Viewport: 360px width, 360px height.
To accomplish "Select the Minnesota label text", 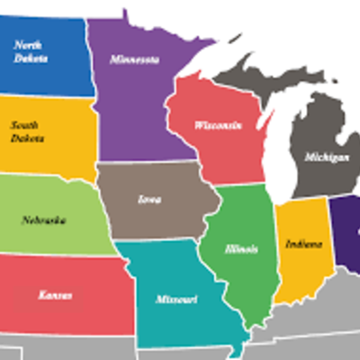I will point(135,60).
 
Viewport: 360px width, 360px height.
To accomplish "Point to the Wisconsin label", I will point(218,125).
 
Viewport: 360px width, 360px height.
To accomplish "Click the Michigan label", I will point(326,157).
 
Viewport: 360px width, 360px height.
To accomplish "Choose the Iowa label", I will point(149,200).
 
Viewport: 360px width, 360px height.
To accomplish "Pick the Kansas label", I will point(55,294).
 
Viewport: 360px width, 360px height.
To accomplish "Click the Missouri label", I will point(176,298).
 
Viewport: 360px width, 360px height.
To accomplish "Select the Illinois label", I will point(242,248).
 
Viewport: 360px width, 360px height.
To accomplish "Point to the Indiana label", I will point(301,244).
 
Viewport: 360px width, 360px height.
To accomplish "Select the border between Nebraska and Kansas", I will point(63,256).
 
